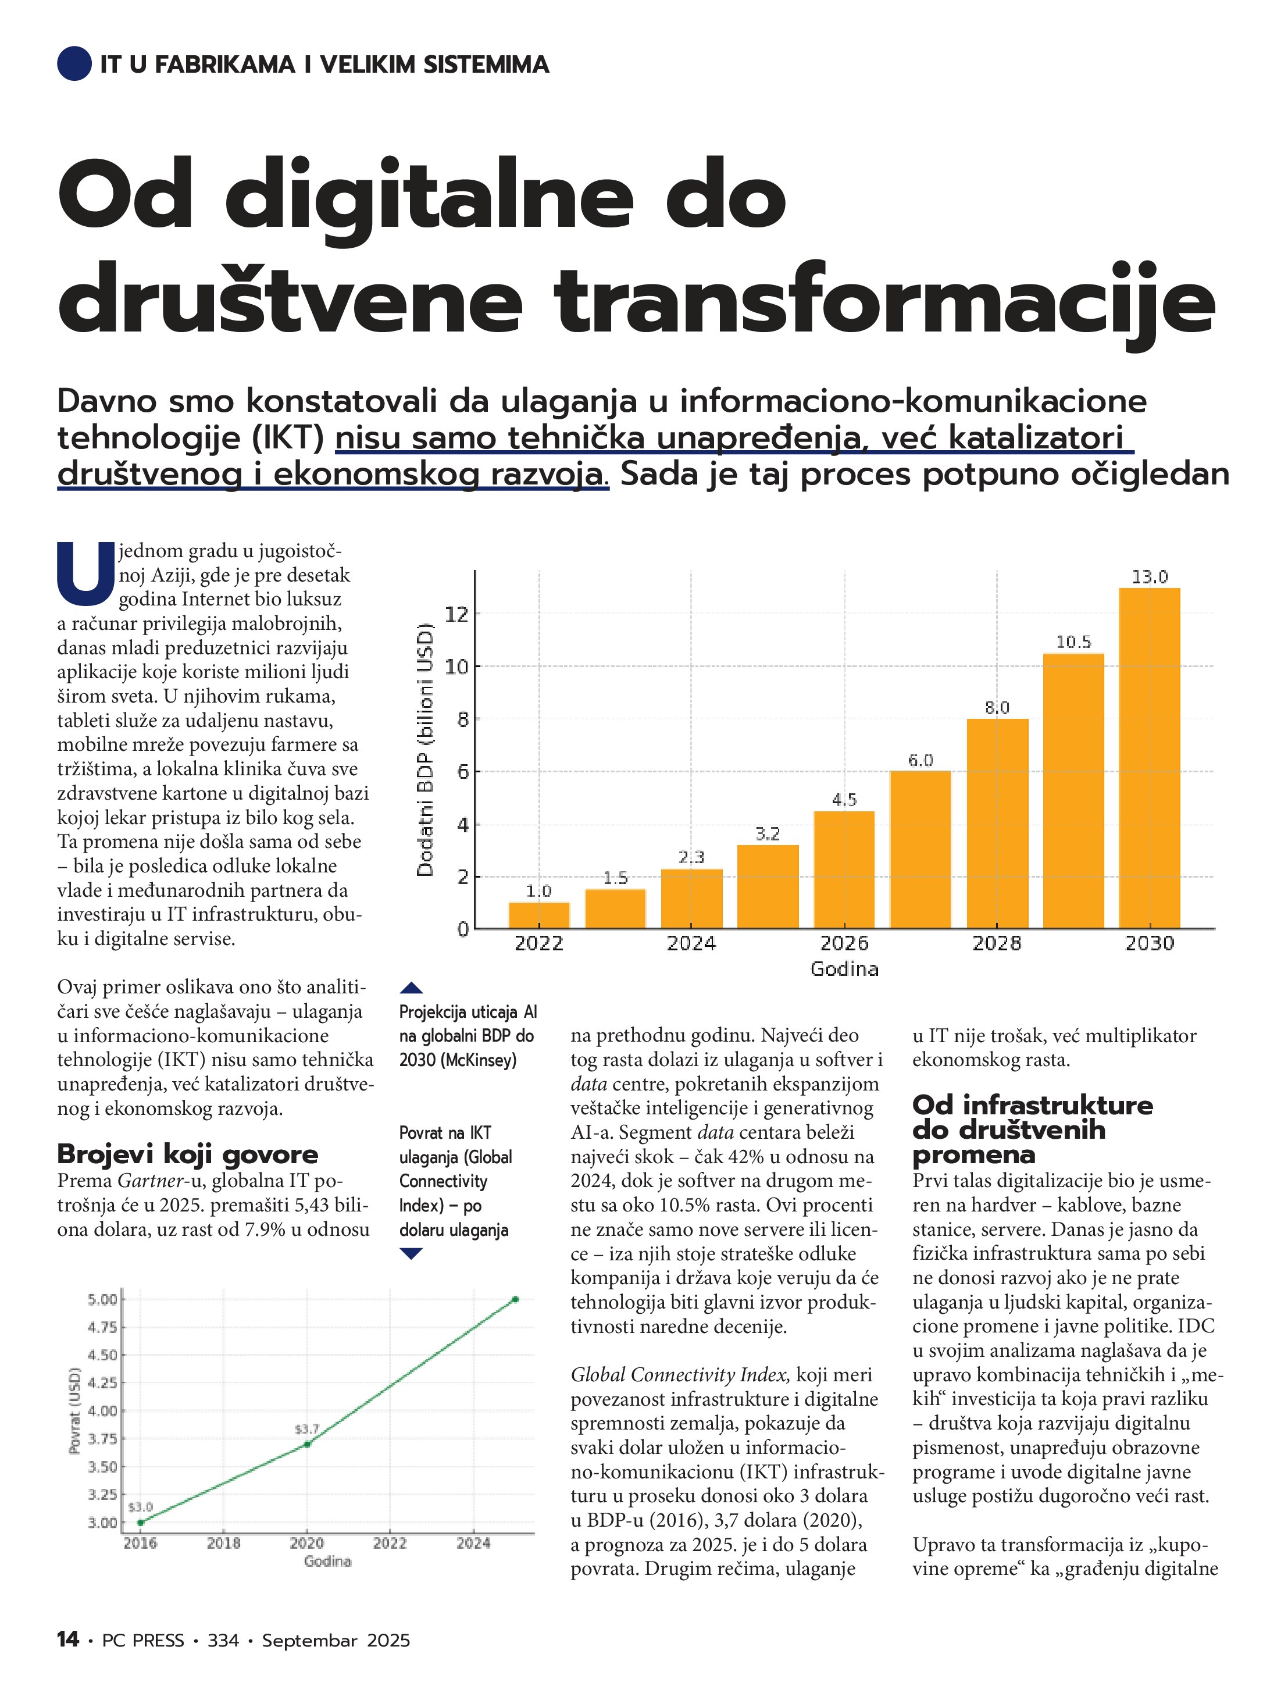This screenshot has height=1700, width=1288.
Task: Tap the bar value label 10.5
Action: [x=1073, y=641]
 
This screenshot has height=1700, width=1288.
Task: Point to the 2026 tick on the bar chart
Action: [x=844, y=943]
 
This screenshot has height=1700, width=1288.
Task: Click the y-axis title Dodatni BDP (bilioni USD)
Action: [x=425, y=750]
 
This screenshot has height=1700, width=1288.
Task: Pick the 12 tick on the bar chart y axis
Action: [x=456, y=614]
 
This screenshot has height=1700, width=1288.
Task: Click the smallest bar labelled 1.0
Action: [x=538, y=915]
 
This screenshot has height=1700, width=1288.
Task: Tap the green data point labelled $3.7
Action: [x=308, y=1444]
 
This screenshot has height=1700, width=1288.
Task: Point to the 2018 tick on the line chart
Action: [x=224, y=1542]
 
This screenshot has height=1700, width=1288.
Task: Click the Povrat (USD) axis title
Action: [x=74, y=1411]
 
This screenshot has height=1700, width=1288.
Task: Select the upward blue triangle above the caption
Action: [x=412, y=988]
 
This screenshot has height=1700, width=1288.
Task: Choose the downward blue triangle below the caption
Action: [x=412, y=1253]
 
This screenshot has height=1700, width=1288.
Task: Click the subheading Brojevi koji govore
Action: [x=187, y=1153]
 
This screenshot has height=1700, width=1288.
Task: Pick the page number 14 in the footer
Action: [x=67, y=1640]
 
